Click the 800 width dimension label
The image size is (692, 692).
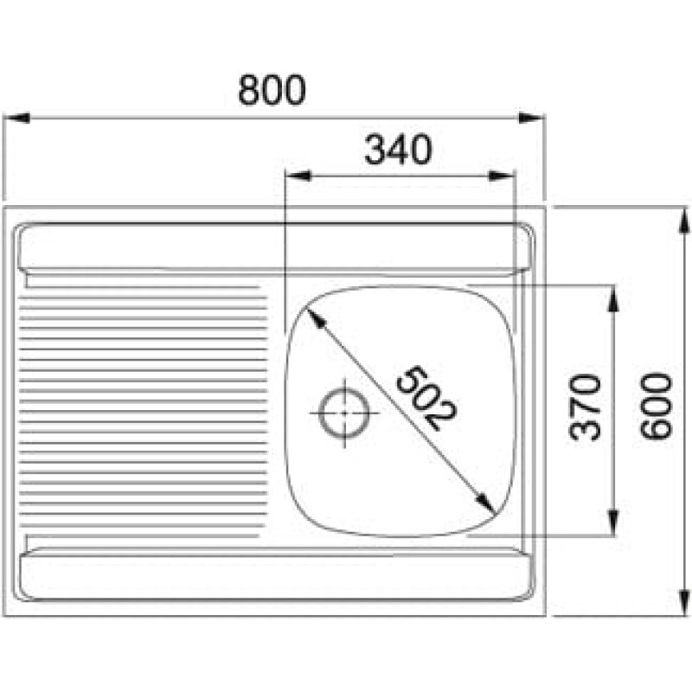click(x=272, y=90)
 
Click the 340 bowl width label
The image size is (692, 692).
click(x=398, y=150)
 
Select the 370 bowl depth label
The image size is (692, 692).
click(x=585, y=407)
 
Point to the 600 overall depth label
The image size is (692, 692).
click(x=657, y=407)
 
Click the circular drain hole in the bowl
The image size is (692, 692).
click(x=344, y=413)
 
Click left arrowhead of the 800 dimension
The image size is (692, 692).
click(x=16, y=118)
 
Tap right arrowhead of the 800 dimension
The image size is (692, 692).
click(x=531, y=118)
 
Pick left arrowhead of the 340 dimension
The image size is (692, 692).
click(x=298, y=176)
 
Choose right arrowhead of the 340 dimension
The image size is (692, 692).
click(x=502, y=176)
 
